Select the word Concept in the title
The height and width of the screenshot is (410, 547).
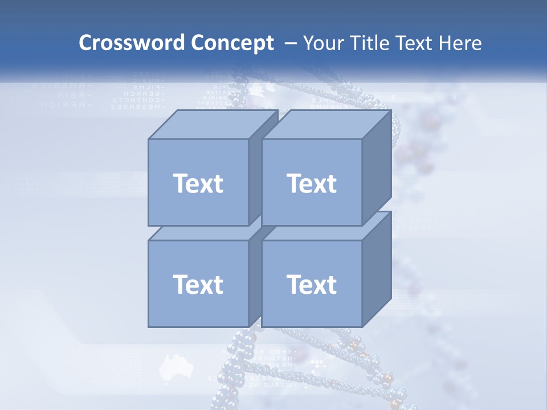(x=232, y=43)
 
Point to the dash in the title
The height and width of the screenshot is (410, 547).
(x=289, y=43)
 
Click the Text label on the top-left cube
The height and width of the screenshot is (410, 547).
(x=198, y=183)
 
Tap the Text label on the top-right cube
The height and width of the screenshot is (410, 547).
(x=312, y=183)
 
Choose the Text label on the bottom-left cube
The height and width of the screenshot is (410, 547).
(x=198, y=285)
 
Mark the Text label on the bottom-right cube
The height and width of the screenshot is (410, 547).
(x=312, y=285)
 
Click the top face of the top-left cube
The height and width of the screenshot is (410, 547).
(x=214, y=125)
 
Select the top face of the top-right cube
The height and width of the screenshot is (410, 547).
(x=327, y=125)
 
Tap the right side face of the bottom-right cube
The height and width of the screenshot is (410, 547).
(x=377, y=268)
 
